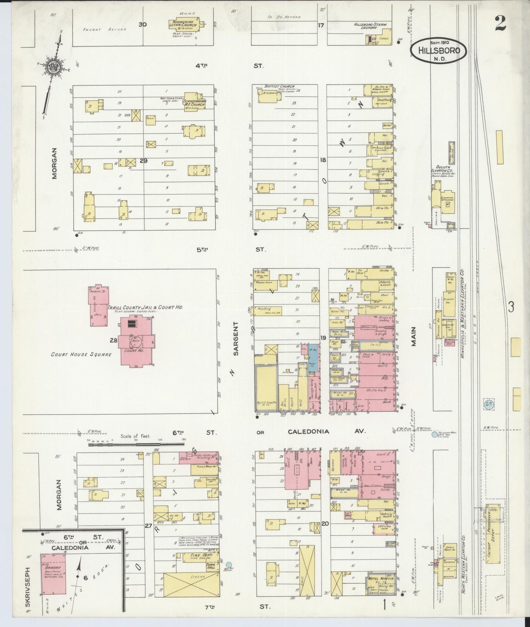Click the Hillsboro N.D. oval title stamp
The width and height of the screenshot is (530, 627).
439,51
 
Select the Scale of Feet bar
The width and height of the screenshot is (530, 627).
136,444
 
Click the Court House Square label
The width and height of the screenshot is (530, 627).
81,355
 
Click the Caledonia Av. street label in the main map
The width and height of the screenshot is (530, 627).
308,432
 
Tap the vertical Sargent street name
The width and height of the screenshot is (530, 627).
235,338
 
